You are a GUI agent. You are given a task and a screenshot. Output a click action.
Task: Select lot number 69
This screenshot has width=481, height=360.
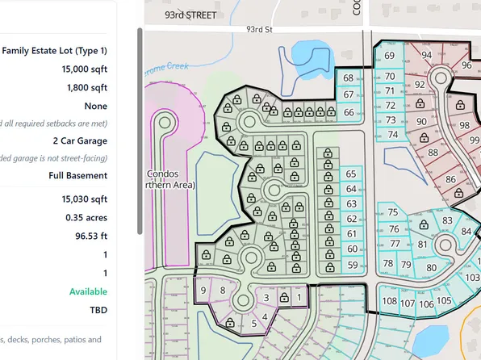tap(390, 56)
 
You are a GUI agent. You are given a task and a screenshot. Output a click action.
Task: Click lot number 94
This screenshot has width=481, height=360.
tap(427, 55)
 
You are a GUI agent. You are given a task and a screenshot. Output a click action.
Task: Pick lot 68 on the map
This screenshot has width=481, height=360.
tap(349, 78)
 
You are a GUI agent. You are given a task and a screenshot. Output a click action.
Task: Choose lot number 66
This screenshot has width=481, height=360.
tap(349, 112)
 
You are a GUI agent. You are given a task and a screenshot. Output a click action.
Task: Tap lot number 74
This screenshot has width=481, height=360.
tap(392, 134)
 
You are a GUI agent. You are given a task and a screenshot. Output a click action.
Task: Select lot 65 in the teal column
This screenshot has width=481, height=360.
tap(351, 174)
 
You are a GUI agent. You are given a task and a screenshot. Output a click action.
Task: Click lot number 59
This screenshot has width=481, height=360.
tap(352, 265)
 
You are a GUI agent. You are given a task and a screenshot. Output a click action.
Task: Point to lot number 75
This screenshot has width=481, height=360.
tap(393, 212)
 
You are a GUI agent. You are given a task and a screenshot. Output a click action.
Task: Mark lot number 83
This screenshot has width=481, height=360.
tap(448, 221)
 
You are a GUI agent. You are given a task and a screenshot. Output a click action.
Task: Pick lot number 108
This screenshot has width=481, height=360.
tap(390, 302)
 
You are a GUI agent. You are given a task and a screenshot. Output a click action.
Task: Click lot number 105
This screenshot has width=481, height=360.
tap(444, 302)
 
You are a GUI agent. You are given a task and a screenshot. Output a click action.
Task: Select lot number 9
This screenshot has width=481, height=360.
tap(203, 290)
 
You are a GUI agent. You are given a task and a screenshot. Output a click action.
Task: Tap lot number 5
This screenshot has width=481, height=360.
tap(254, 324)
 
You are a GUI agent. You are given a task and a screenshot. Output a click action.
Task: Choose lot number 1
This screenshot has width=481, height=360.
tap(300, 297)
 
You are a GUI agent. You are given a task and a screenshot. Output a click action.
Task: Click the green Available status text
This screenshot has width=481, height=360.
tap(88, 291)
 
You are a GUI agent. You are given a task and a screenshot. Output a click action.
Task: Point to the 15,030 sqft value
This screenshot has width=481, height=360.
tap(84, 199)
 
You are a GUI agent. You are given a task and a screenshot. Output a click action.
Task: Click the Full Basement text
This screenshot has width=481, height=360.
tap(77, 175)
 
